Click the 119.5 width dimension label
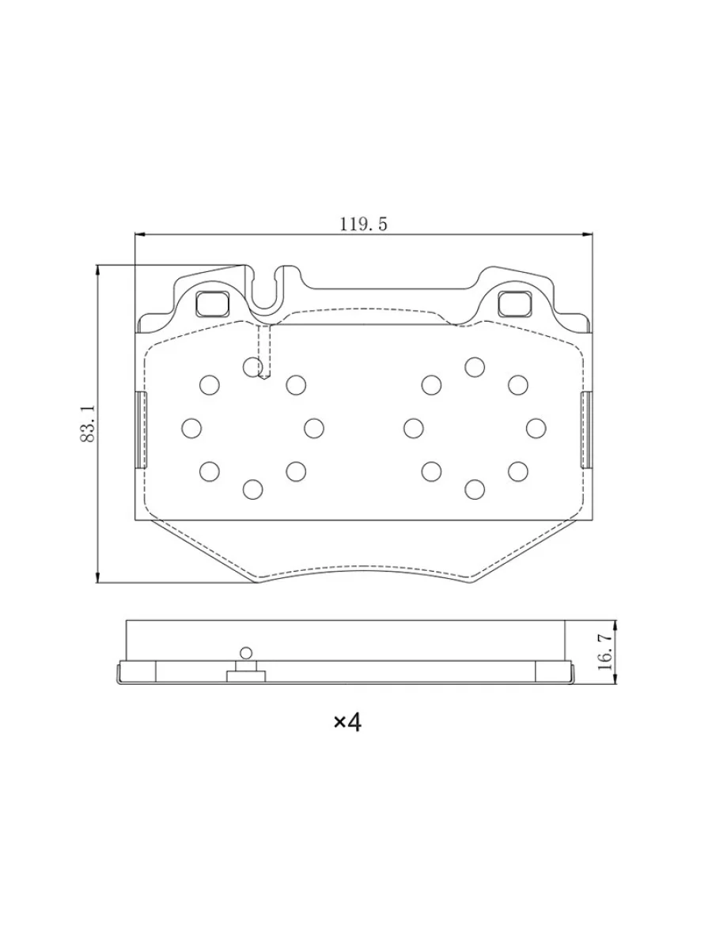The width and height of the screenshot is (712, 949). [363, 225]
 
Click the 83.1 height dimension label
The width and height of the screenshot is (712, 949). [87, 424]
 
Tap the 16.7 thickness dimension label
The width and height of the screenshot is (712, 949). [605, 652]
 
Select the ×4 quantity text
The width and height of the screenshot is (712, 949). [347, 722]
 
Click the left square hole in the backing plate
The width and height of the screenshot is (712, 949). [212, 303]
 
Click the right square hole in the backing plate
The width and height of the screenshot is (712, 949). [514, 303]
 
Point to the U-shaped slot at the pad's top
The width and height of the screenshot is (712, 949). [264, 303]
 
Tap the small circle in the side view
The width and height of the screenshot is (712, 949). [246, 653]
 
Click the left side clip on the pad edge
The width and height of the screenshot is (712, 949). [142, 429]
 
